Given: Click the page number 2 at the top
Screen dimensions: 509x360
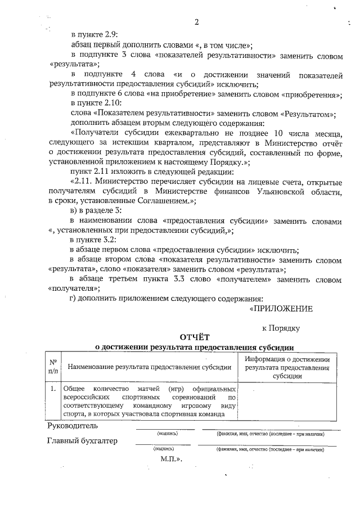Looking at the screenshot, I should [x=197, y=22].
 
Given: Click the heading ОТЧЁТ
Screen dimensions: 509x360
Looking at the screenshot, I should [x=195, y=337].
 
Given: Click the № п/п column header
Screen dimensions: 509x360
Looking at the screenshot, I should [x=53, y=367].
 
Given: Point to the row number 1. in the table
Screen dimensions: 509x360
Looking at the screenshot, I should [x=52, y=389].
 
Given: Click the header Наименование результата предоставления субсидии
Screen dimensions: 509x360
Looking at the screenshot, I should [x=150, y=367].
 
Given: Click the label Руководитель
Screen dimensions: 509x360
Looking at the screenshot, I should [x=73, y=425].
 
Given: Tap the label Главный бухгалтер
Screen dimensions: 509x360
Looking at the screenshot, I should [x=83, y=441].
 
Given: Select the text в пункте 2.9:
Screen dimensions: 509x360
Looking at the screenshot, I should [x=94, y=35].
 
